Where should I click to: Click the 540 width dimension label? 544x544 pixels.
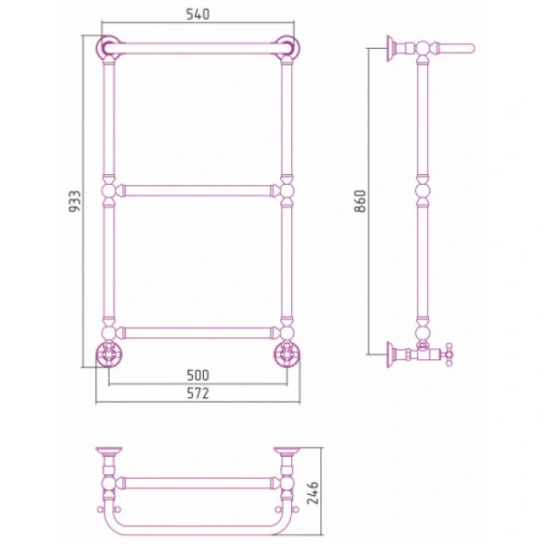pos(198,15)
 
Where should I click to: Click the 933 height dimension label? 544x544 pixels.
pos(74,201)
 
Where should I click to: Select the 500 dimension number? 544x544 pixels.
pos(198,375)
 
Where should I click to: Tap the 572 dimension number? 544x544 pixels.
pos(198,393)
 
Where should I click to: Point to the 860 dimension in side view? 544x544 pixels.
pos(360,201)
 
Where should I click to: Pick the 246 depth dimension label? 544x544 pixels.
pos(313,493)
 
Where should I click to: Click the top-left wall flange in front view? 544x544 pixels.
pos(108,47)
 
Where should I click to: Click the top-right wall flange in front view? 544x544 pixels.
pos(287,47)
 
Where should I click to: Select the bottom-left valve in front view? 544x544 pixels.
pos(109,354)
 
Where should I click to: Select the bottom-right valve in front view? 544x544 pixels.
pos(287,354)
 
